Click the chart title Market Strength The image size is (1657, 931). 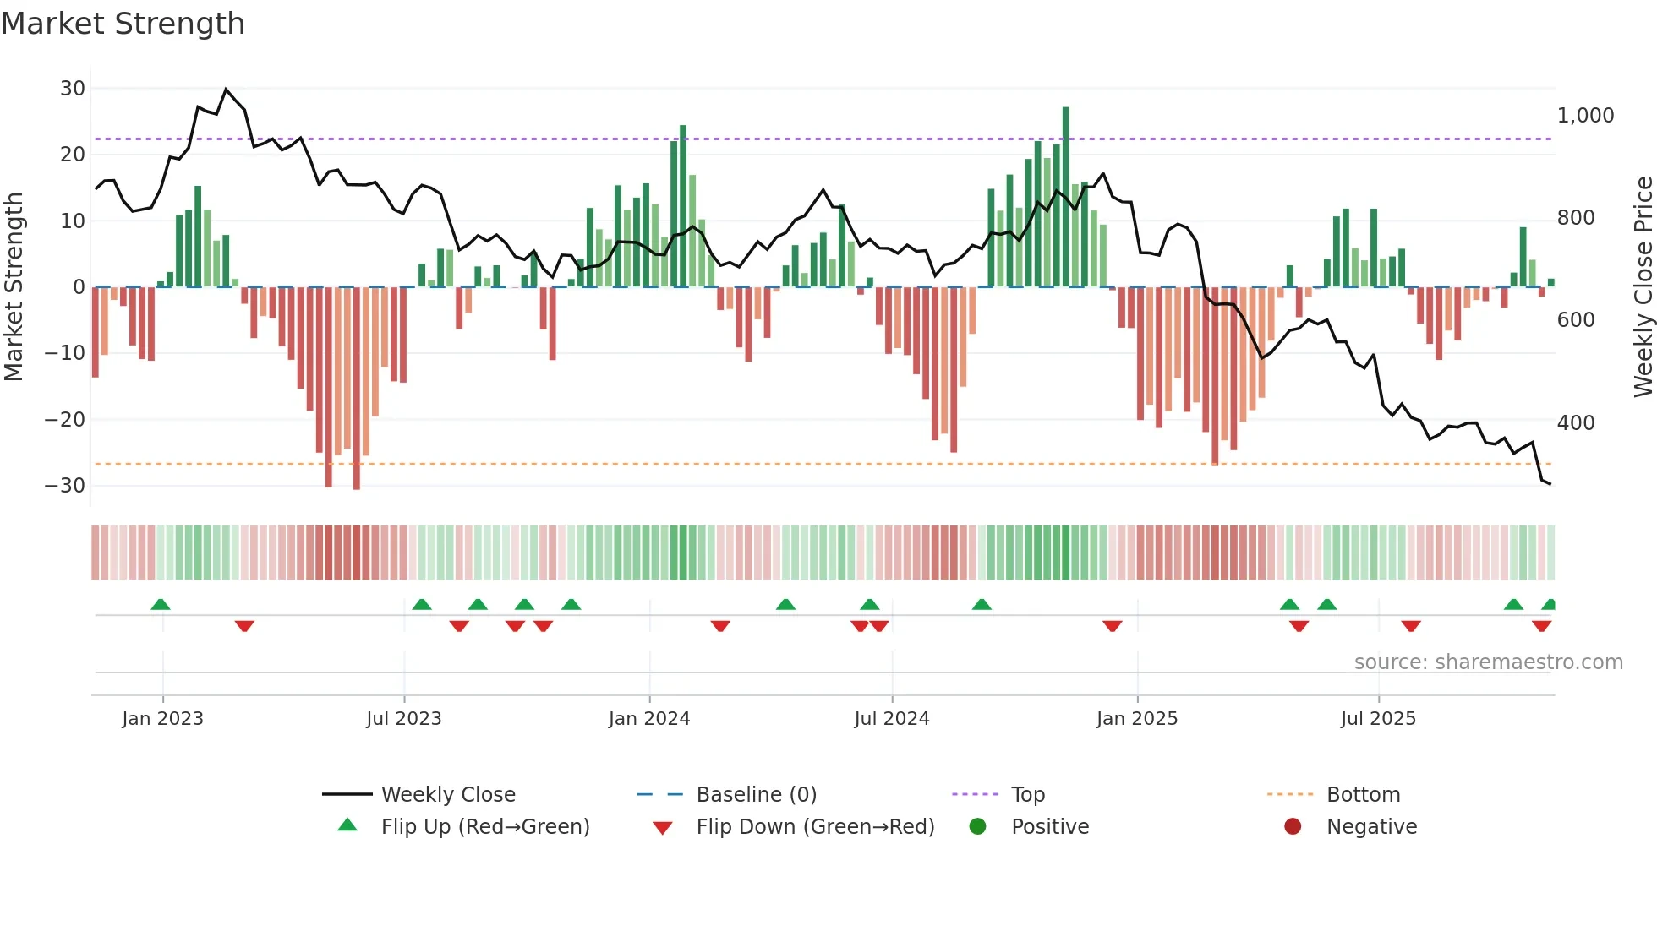click(x=123, y=24)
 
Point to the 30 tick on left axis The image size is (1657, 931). click(x=73, y=89)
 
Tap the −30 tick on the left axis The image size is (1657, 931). click(x=65, y=486)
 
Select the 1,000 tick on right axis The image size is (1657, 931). click(x=1585, y=116)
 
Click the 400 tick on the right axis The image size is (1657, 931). click(x=1575, y=423)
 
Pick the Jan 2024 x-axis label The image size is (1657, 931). click(x=649, y=719)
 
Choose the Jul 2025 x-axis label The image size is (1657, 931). click(x=1378, y=719)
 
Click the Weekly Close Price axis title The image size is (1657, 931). click(x=1643, y=286)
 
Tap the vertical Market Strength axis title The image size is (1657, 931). click(x=14, y=286)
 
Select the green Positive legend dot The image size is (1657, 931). click(x=978, y=827)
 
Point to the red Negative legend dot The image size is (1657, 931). click(x=1293, y=827)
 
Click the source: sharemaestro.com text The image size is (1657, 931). click(x=1488, y=662)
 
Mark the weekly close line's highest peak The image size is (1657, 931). click(x=226, y=90)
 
